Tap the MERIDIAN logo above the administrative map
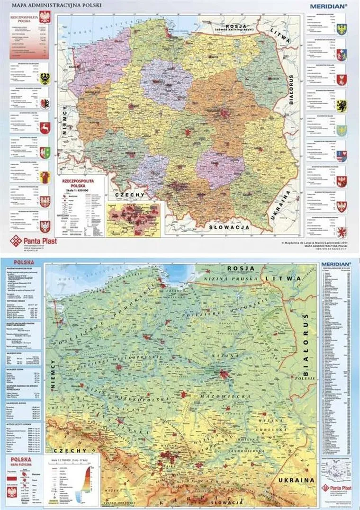click(x=329, y=7)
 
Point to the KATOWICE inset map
click(x=135, y=219)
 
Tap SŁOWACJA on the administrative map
click(x=229, y=227)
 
